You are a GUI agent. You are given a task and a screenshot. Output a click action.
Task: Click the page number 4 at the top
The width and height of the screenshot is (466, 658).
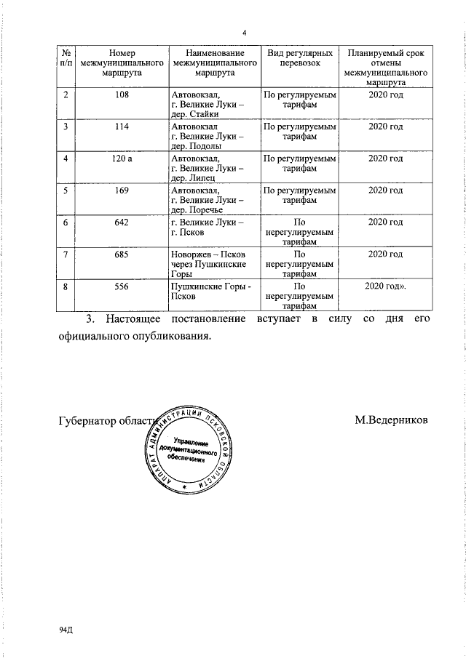coord(245,33)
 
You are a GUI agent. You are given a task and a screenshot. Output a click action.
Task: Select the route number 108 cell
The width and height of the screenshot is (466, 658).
coord(122,95)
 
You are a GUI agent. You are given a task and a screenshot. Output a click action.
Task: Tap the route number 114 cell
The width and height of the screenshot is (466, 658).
coord(122,127)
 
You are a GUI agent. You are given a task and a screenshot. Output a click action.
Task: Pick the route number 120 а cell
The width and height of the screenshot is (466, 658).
coord(122,159)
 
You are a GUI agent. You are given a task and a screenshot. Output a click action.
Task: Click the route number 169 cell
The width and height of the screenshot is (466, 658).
coord(122,190)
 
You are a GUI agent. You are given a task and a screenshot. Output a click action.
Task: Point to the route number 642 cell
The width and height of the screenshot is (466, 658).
coord(122,222)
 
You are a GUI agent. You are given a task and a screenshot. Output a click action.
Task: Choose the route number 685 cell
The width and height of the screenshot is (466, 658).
coord(122,254)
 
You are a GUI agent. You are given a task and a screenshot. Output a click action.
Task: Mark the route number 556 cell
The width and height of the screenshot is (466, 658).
coord(122,286)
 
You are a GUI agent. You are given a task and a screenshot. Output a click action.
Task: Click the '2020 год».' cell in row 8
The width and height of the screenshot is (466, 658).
coord(386,286)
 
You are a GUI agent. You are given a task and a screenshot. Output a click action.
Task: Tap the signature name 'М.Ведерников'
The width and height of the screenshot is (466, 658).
coord(392,420)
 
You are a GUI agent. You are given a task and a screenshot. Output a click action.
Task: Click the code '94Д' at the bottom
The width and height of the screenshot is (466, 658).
coord(67,629)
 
